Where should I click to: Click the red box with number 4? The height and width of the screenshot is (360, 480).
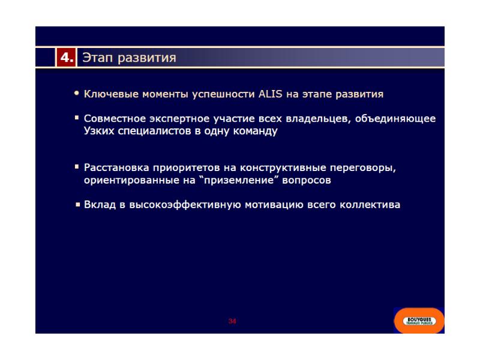[66, 57]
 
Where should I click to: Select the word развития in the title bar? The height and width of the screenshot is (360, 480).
[147, 58]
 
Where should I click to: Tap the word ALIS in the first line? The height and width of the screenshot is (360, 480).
[271, 94]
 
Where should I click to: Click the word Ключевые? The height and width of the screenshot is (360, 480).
[111, 94]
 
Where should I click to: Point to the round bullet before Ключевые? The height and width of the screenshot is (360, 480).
[77, 93]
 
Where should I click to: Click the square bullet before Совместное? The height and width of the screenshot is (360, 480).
[77, 118]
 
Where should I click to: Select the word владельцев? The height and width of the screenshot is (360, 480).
[318, 119]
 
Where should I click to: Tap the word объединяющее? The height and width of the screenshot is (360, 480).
[395, 119]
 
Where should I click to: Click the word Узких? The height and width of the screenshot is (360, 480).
[99, 131]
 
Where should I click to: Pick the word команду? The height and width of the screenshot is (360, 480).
[256, 131]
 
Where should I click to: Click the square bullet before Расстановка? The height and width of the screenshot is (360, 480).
[77, 167]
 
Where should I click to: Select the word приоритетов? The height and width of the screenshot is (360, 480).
[186, 168]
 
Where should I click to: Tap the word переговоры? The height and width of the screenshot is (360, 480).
[363, 168]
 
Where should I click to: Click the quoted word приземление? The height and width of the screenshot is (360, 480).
[241, 181]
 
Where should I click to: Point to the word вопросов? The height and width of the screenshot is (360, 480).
[307, 180]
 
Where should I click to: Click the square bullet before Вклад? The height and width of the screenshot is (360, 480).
[78, 204]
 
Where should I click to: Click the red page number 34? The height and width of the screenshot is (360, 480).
[232, 321]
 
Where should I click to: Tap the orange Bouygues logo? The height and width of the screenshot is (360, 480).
[419, 320]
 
